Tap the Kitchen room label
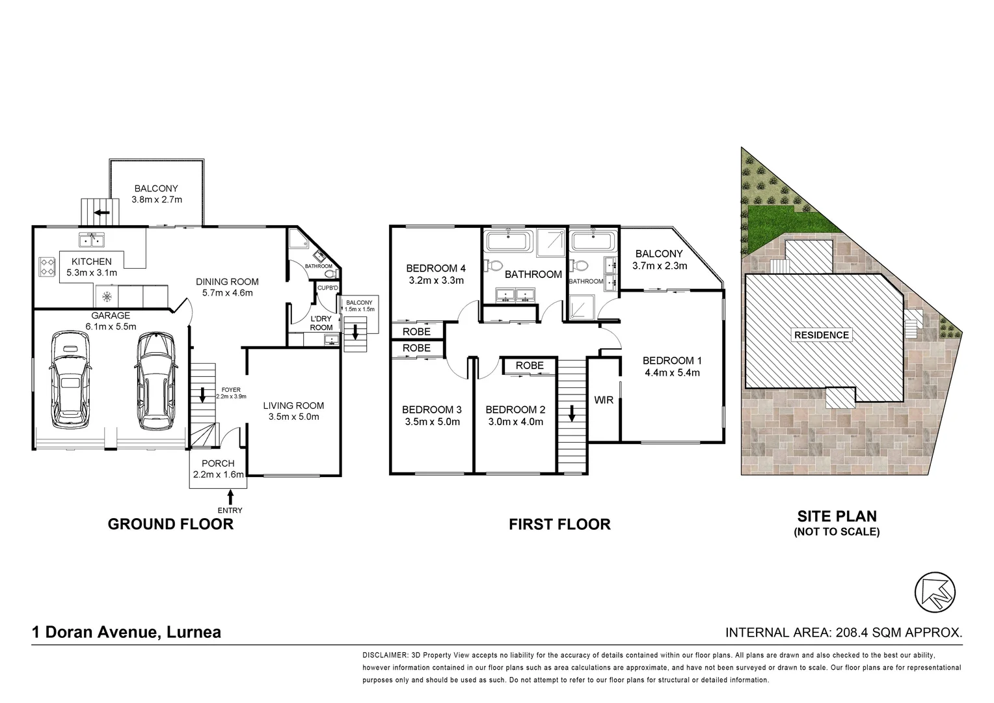pos(91,262)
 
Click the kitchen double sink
pos(92,241)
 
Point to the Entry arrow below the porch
pos(230,499)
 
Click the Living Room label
pos(293,406)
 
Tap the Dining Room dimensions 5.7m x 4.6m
pos(227,293)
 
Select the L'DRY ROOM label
pos(321,323)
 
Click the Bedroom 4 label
pos(435,268)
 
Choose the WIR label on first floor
pos(604,400)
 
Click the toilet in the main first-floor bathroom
pos(494,267)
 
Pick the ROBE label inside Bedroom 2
pos(530,366)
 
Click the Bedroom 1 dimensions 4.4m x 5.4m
pos(671,373)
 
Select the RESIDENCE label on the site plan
pos(822,335)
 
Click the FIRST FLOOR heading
pos(559,525)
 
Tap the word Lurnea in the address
pos(194,632)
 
